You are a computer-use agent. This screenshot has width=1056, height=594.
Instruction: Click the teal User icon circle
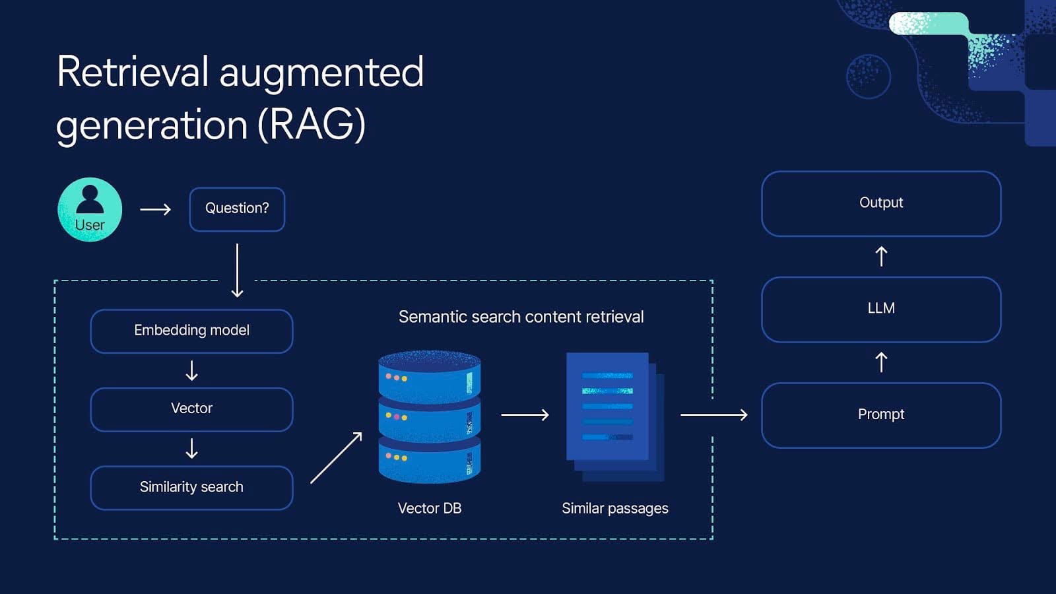pos(90,209)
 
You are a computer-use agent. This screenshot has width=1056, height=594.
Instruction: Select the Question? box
pos(237,209)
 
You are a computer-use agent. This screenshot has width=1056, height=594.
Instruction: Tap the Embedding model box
pos(191,331)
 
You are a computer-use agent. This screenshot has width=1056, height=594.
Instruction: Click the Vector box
pos(191,409)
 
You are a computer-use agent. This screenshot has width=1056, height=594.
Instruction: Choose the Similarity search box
pos(191,488)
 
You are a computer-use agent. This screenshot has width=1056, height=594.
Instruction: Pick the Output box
pos(881,203)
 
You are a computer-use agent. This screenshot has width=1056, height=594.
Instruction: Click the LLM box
pos(881,309)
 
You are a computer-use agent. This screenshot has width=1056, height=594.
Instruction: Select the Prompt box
pos(881,415)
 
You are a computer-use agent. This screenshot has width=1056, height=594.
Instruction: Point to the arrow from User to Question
pos(156,209)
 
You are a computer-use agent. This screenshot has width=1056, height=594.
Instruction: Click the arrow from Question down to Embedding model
pos(237,271)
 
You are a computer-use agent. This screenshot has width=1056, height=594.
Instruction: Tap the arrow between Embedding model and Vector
pos(191,370)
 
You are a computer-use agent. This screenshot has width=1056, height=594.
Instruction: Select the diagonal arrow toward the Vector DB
pos(336,458)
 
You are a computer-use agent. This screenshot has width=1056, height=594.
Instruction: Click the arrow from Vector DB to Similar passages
pos(525,414)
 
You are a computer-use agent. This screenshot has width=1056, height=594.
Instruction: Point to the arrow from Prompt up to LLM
pos(881,362)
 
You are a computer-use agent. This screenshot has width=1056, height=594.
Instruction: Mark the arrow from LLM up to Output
pos(881,256)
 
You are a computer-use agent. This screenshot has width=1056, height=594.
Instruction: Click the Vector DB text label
pos(429,508)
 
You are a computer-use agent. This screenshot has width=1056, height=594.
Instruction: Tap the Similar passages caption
pos(614,508)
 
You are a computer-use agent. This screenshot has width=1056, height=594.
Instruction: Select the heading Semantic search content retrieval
pos(521,317)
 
